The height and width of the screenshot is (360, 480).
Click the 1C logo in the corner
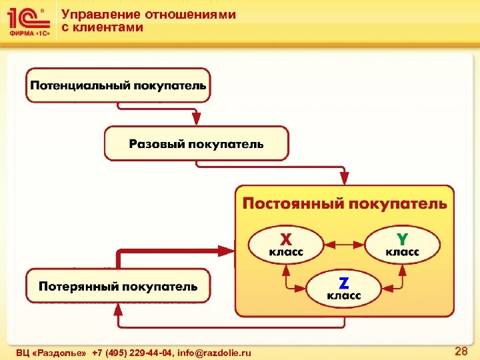27,21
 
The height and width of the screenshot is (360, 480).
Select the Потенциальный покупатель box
118,85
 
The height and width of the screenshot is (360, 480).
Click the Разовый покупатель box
196,143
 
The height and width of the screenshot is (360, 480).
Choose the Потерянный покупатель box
118,287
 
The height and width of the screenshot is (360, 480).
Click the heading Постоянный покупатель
344,203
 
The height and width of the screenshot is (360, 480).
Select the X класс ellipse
285,245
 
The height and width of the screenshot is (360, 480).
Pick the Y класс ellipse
403,244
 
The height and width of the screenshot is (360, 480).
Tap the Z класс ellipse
343,287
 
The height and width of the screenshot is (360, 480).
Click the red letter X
285,238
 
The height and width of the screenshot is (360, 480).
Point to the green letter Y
403,238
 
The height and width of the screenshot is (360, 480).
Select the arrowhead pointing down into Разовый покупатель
195,119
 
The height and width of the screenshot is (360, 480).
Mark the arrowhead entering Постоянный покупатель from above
344,178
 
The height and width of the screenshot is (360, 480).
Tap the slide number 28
461,351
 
